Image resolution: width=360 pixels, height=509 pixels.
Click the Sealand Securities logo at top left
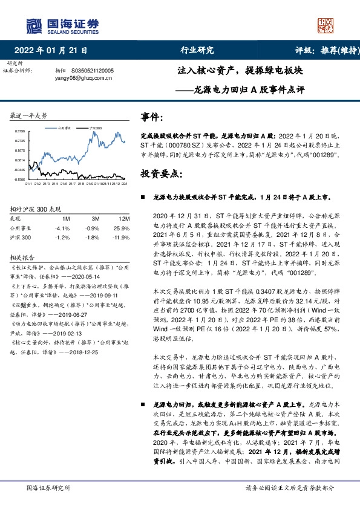[x=61, y=25]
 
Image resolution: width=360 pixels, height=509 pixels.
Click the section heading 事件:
[x=150, y=116]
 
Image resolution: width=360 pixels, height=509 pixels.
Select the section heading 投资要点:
[x=160, y=173]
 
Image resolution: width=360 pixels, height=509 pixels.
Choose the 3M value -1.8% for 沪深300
[x=91, y=238]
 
